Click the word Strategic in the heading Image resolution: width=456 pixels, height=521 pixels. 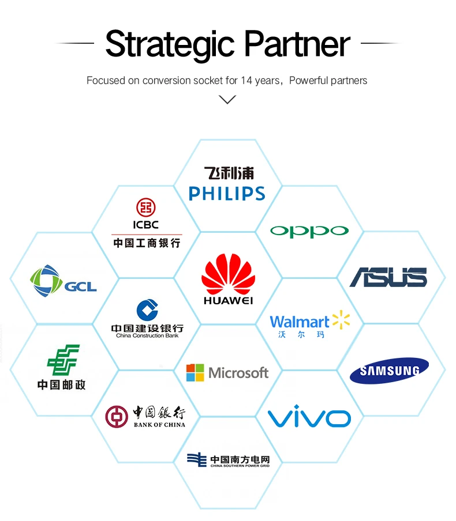coord(170,44)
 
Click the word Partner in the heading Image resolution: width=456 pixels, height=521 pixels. coord(297,44)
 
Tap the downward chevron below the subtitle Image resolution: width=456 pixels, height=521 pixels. coord(228,100)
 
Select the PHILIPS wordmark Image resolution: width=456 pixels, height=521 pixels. coord(227,194)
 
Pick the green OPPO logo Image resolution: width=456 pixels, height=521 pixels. coord(309,231)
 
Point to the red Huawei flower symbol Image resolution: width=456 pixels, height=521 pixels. coord(228,275)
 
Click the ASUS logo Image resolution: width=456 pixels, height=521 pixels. coord(388,277)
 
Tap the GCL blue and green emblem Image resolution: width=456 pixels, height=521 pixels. coord(46,282)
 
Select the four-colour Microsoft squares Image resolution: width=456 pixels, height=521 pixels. coord(195,372)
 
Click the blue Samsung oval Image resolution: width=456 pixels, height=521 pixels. coord(389,371)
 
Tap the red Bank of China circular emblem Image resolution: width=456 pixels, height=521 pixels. coord(116,417)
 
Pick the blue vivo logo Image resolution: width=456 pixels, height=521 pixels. coord(309,417)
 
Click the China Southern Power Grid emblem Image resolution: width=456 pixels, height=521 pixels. coord(196,459)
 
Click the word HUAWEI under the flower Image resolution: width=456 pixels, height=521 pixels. coord(228,300)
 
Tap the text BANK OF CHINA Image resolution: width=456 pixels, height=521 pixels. coord(159,425)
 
